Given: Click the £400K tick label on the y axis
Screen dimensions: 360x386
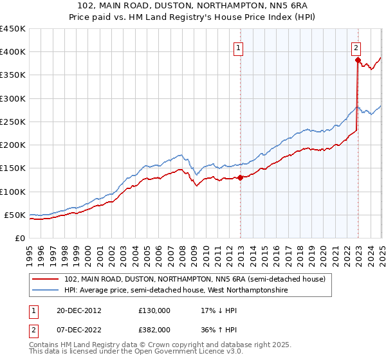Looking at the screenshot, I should [x=12, y=52].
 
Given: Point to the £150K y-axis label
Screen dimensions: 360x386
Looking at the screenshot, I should [x=12, y=168].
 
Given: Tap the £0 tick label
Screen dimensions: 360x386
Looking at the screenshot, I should [x=19, y=238].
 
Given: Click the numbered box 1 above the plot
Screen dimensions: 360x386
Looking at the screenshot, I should [x=238, y=47].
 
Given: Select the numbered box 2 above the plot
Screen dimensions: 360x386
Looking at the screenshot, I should [x=356, y=47].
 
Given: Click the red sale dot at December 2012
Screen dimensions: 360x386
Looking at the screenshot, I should [x=241, y=177].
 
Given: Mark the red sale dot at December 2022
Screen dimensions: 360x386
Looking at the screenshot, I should [x=358, y=60].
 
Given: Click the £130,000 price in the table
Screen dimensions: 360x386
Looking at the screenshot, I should [x=154, y=310].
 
